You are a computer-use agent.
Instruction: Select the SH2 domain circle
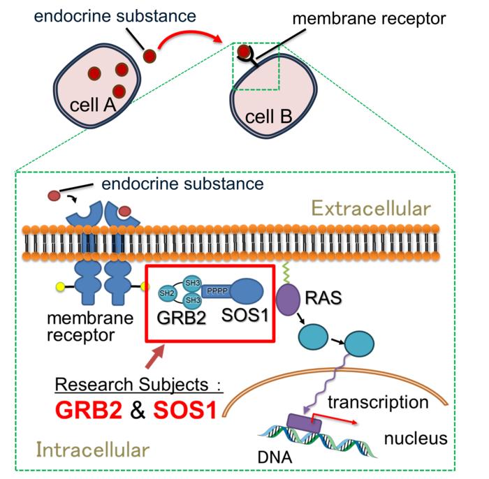tap(166, 291)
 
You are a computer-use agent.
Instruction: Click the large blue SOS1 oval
tap(247, 290)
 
